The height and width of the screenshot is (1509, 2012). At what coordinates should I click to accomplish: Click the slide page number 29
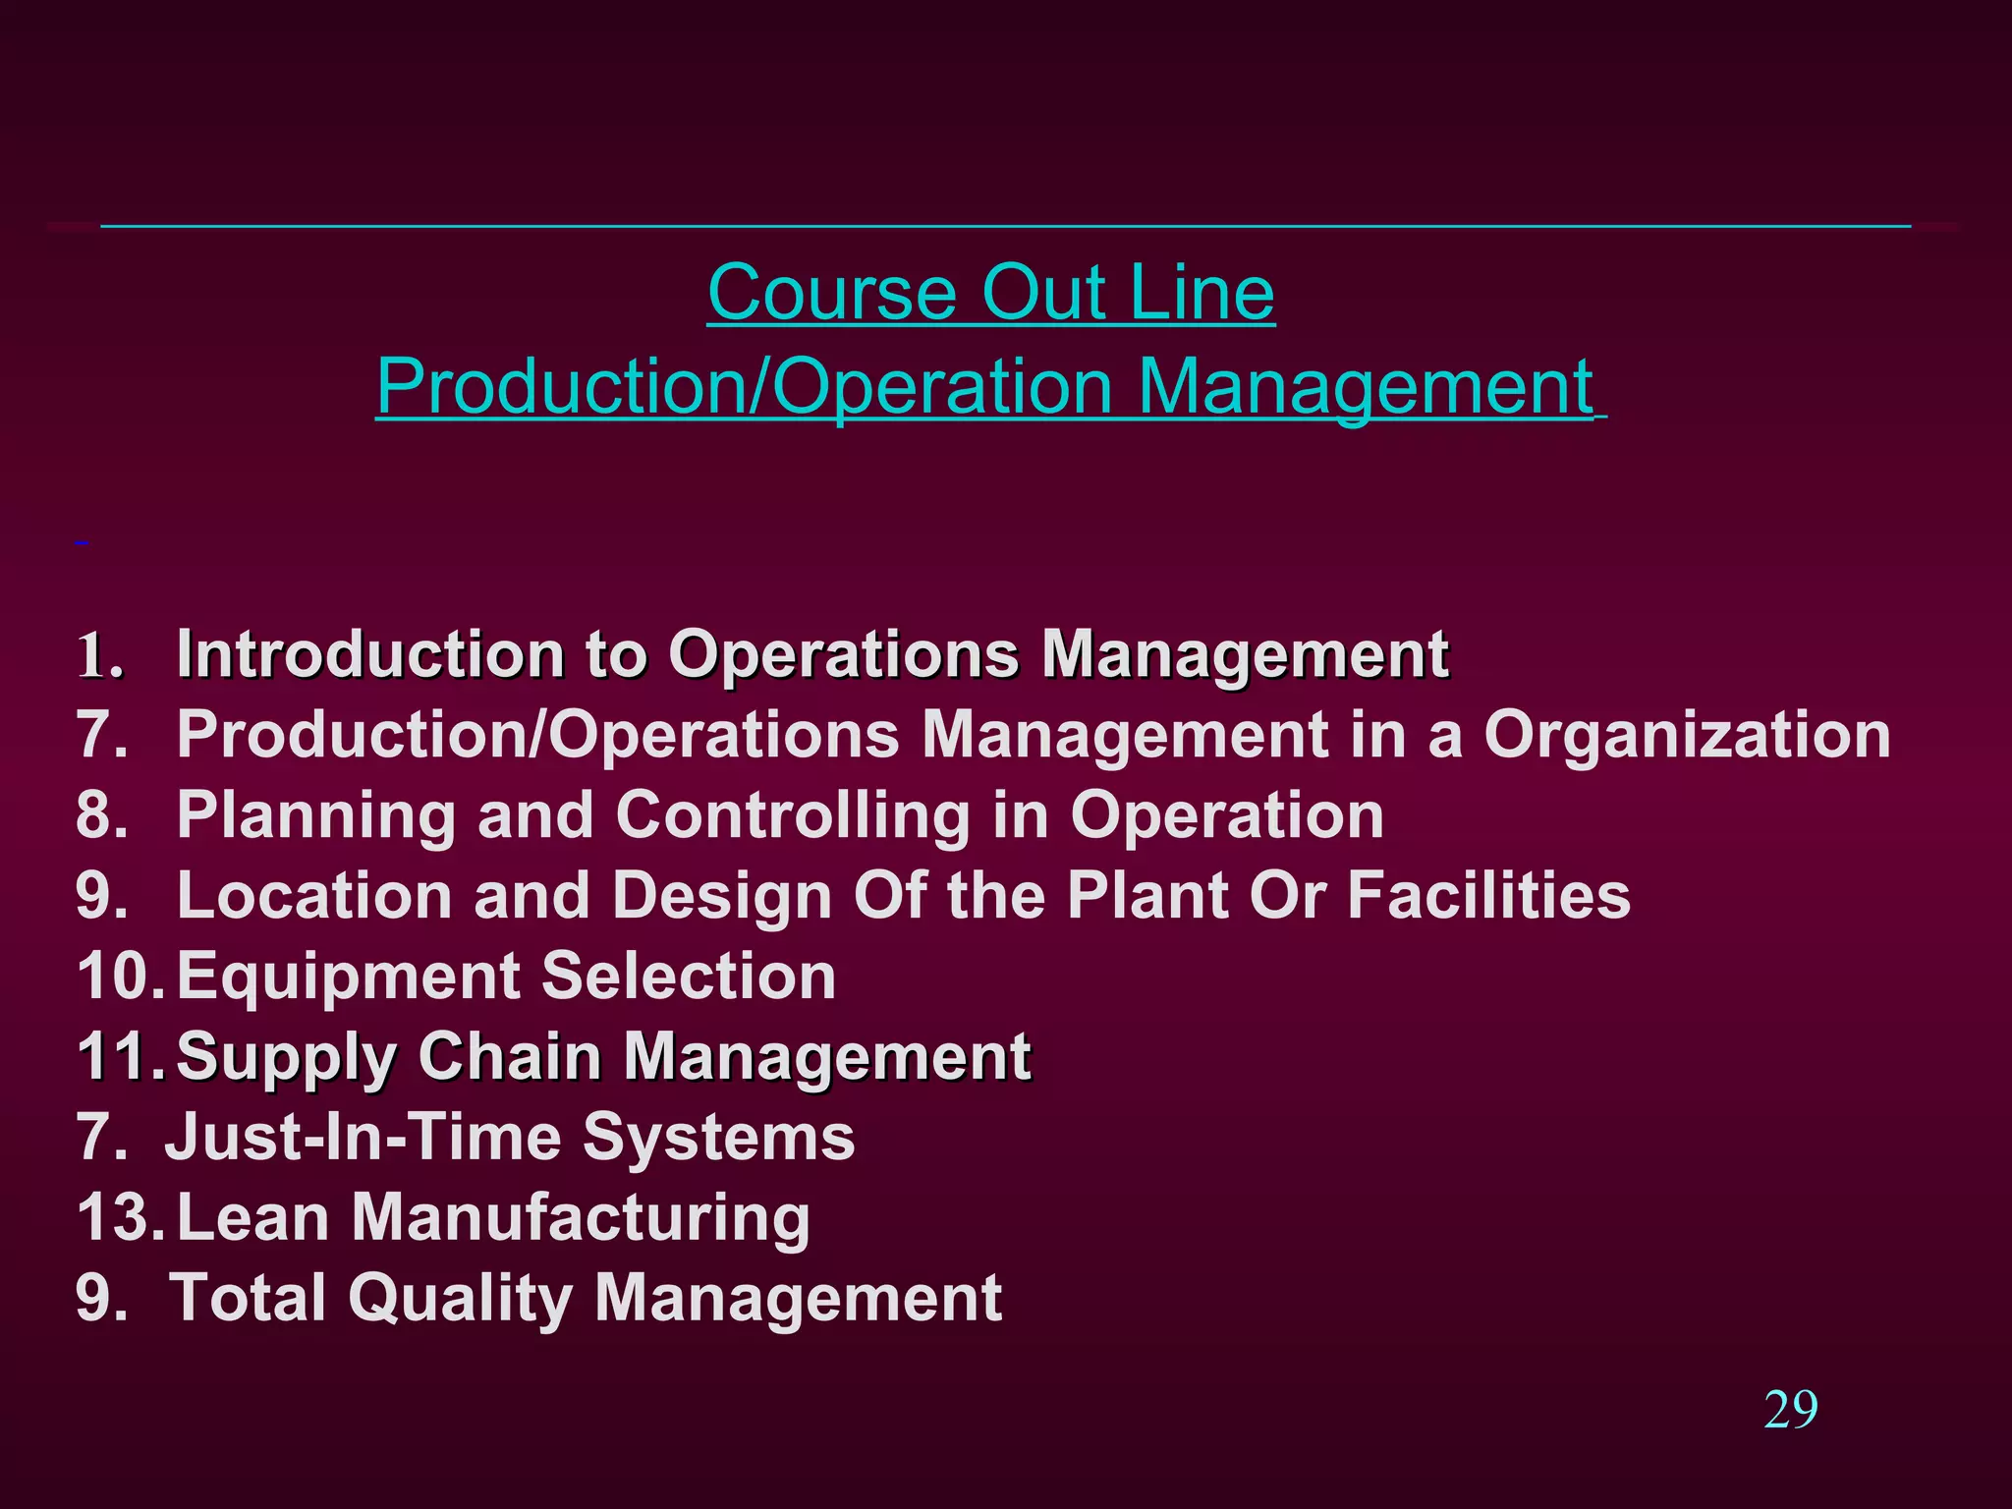(x=1790, y=1411)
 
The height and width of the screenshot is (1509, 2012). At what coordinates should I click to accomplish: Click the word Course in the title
(x=831, y=293)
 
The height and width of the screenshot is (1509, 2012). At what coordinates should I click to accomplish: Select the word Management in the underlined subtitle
(x=1366, y=387)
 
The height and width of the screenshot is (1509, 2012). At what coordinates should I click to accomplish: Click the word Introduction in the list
(x=369, y=654)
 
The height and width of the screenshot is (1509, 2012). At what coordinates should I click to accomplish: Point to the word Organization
(x=1687, y=735)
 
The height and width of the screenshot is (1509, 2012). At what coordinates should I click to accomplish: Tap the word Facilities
(x=1488, y=896)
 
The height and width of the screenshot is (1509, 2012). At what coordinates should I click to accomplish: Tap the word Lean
(x=252, y=1218)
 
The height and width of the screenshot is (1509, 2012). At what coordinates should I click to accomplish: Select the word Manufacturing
(x=581, y=1218)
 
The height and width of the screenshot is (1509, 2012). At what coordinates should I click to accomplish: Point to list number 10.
(x=119, y=977)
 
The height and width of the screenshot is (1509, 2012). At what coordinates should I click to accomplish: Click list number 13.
(x=119, y=1218)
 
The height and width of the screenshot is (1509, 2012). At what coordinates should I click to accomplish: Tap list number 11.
(x=117, y=1057)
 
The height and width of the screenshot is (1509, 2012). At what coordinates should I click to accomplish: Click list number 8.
(x=101, y=815)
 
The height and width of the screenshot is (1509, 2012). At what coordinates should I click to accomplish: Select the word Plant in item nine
(x=1147, y=896)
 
